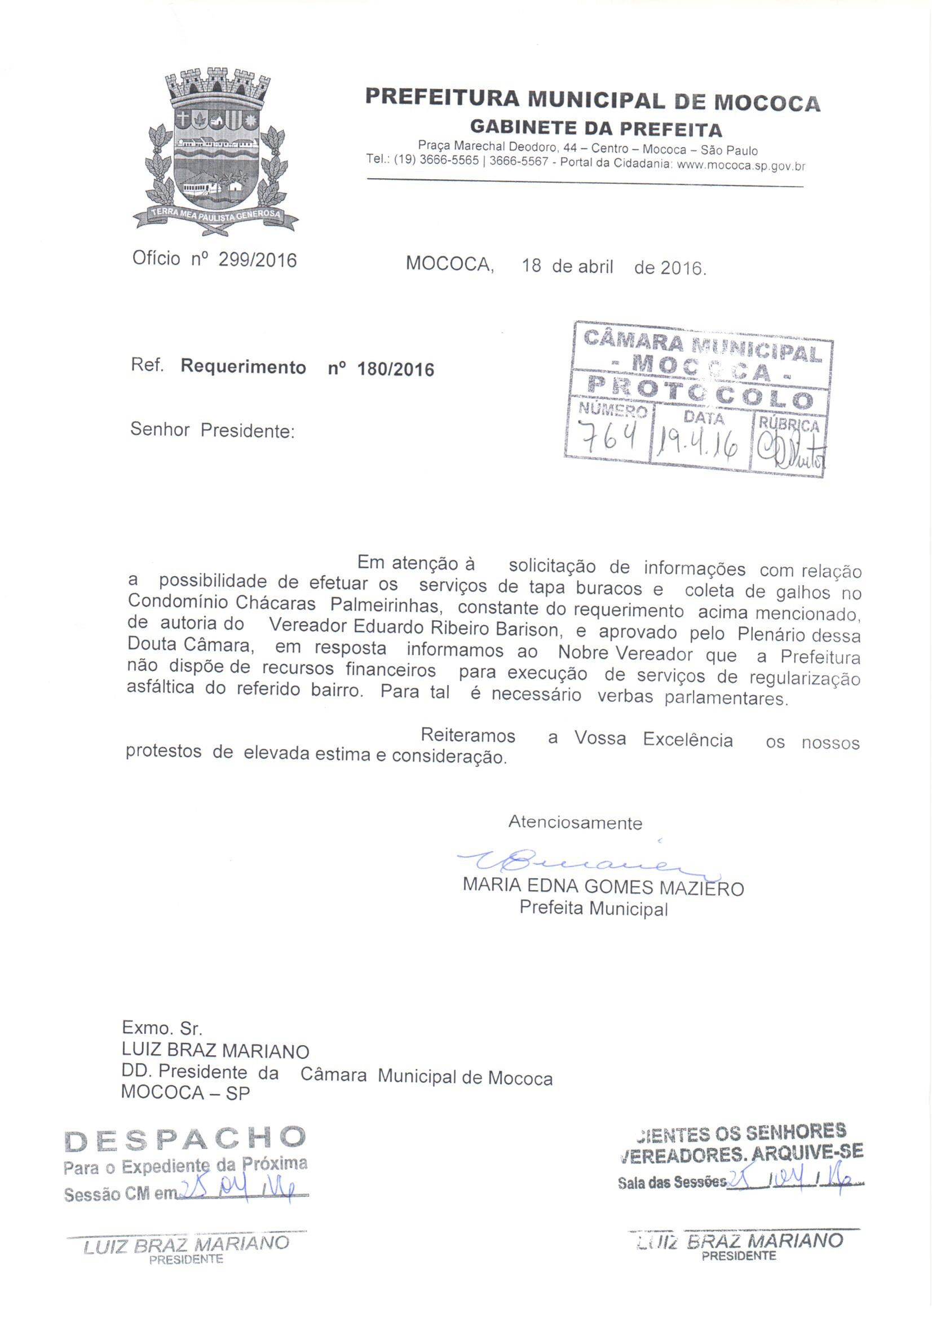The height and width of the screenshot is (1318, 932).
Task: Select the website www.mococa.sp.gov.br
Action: click(x=741, y=166)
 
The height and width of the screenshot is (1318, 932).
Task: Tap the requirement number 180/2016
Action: click(x=396, y=369)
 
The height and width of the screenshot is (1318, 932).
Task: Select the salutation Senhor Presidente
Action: click(x=213, y=430)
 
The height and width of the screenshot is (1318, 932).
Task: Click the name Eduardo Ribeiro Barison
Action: click(x=413, y=628)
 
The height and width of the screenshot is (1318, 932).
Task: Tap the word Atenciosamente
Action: click(x=575, y=822)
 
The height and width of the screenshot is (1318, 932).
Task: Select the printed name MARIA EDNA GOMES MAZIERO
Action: click(x=603, y=887)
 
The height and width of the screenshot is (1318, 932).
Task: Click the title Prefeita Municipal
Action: click(x=593, y=909)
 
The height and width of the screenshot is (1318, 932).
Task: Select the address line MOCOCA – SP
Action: click(x=185, y=1093)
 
